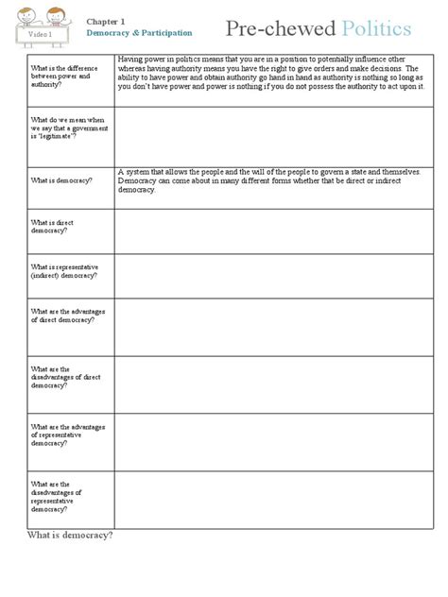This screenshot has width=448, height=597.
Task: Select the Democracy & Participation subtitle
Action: coord(139,32)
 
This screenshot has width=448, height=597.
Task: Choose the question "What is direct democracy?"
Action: coord(53,227)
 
